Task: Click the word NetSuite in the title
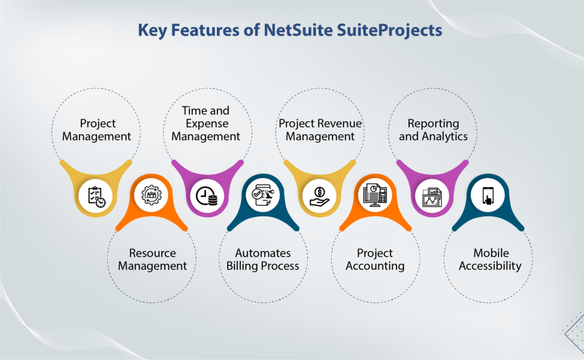296,30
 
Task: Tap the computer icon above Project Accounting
375,195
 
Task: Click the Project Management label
96,130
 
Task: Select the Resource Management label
152,260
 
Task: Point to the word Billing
243,266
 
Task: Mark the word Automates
263,253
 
